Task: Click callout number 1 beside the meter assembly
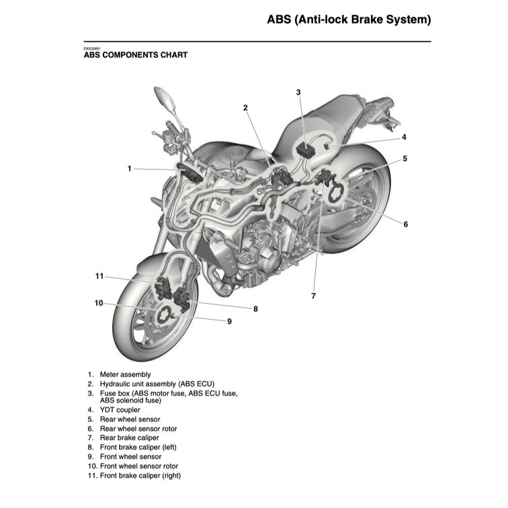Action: pos(130,168)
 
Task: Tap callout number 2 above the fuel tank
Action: pos(246,108)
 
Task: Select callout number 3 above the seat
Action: pos(298,92)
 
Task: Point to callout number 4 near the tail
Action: pos(404,137)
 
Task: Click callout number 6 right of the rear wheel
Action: pos(405,224)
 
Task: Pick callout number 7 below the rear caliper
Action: pos(313,295)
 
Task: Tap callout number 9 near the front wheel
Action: pos(229,321)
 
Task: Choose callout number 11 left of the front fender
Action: pos(99,276)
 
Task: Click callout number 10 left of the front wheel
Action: pos(99,303)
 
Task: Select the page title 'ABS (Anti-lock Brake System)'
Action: pos(348,19)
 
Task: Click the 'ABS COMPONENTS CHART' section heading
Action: pos(135,55)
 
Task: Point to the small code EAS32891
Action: pos(91,48)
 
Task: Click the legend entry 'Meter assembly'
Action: pos(125,374)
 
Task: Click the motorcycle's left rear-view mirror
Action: pos(165,97)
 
